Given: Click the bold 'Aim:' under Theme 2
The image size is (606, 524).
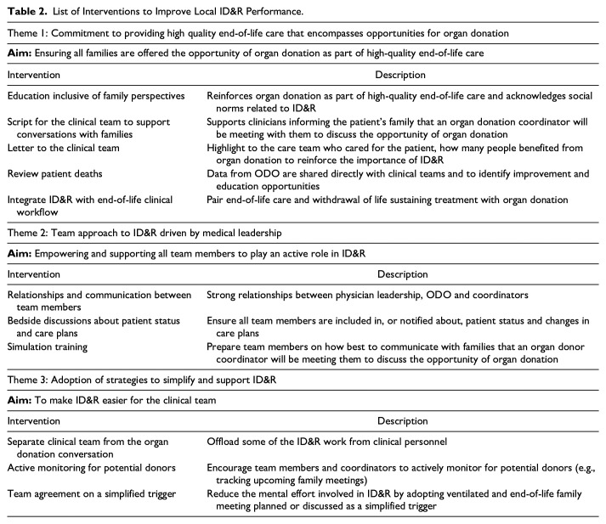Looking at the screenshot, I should (20, 252).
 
